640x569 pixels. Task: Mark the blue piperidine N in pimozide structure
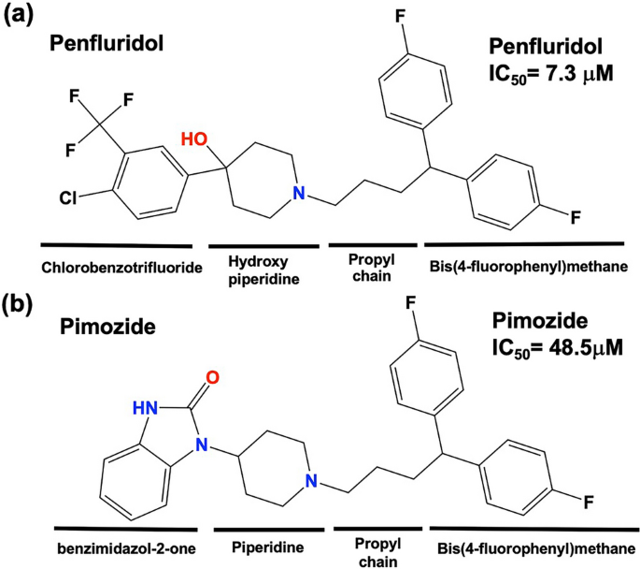coord(316,482)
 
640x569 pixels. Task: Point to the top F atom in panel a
coord(404,22)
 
